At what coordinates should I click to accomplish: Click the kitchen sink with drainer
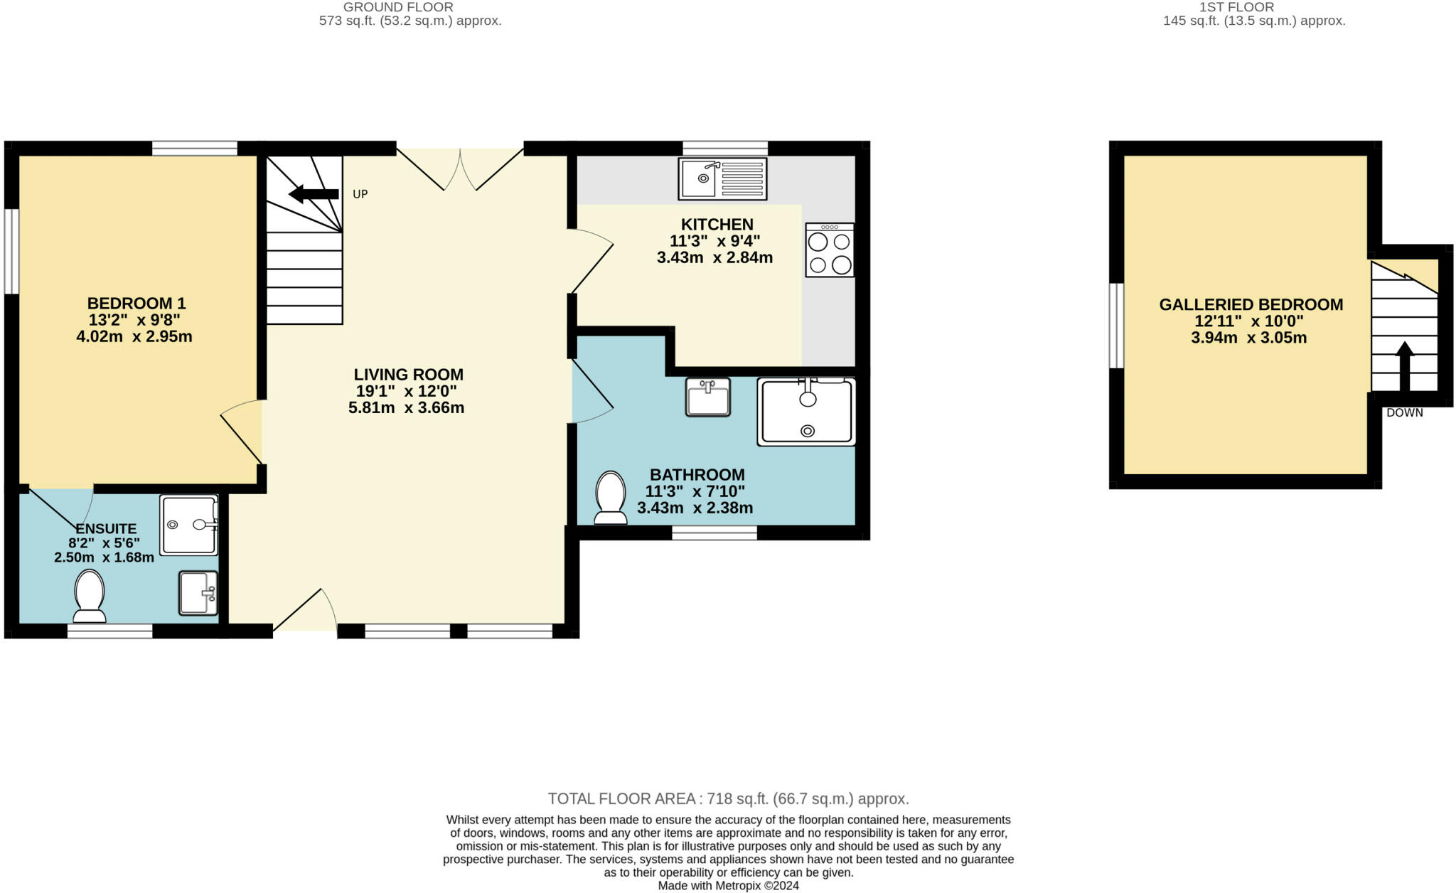click(x=722, y=178)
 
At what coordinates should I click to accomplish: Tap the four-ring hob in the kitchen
click(x=830, y=250)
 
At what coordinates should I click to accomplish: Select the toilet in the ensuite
click(x=90, y=596)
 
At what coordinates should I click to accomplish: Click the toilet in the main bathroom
click(x=611, y=498)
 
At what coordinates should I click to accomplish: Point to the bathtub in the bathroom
click(x=806, y=412)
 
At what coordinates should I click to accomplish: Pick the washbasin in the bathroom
click(x=707, y=397)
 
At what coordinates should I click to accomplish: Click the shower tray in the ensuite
click(x=188, y=525)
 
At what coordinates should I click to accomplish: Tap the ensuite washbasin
click(x=198, y=592)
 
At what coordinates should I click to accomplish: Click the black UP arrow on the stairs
click(x=314, y=194)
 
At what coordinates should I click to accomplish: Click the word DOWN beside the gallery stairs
click(x=1404, y=412)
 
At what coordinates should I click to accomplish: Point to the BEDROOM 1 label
click(x=136, y=303)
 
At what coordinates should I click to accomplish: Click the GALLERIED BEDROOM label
click(x=1251, y=304)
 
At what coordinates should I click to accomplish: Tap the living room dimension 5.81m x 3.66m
click(x=406, y=408)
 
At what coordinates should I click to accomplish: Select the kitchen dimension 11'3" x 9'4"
click(x=714, y=241)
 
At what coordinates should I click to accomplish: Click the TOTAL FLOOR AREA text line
click(x=728, y=798)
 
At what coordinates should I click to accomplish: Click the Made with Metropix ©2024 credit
click(x=728, y=886)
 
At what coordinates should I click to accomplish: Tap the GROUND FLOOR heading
click(x=398, y=7)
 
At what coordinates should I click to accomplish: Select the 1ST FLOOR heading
click(x=1254, y=7)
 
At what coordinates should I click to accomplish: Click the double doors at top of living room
click(x=460, y=170)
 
